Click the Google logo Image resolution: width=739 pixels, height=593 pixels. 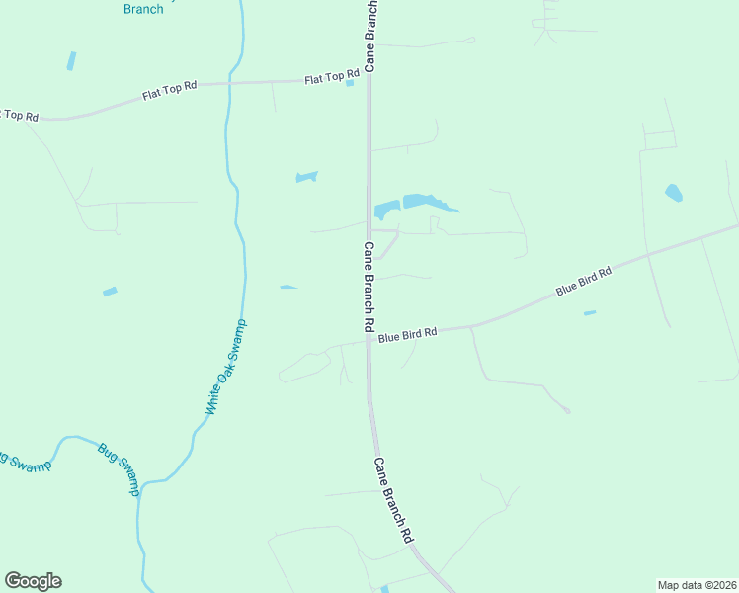pyautogui.click(x=33, y=581)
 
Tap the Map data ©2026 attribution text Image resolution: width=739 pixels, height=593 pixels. pyautogui.click(x=697, y=584)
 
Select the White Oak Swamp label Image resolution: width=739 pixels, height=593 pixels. pyautogui.click(x=226, y=366)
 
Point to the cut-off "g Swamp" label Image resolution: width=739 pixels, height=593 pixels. pyautogui.click(x=24, y=462)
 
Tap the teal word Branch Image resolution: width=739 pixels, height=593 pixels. pyautogui.click(x=143, y=9)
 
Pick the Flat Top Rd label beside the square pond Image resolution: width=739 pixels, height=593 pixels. pyautogui.click(x=331, y=76)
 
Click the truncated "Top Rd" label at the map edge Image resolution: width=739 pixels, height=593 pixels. pyautogui.click(x=19, y=115)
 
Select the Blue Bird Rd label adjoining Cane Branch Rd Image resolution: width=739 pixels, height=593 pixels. pyautogui.click(x=407, y=335)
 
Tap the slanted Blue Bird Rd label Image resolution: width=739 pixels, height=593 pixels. pyautogui.click(x=584, y=282)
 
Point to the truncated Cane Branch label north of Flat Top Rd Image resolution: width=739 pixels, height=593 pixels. pyautogui.click(x=370, y=36)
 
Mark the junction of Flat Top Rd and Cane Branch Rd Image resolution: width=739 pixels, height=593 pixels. pyautogui.click(x=369, y=79)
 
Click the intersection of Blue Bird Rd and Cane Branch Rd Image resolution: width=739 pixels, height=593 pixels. pyautogui.click(x=369, y=341)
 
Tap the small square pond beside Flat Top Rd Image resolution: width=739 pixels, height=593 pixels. pyautogui.click(x=350, y=83)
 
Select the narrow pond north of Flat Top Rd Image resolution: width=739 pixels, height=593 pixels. pyautogui.click(x=71, y=60)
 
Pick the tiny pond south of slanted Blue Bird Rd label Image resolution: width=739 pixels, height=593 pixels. pyautogui.click(x=590, y=313)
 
